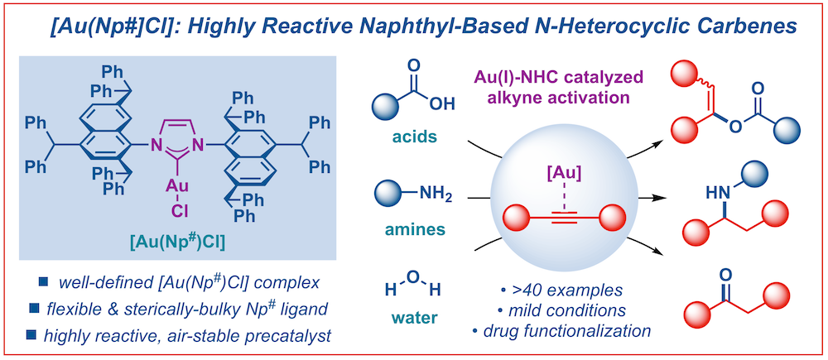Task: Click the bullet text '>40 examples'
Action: click(546, 291)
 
